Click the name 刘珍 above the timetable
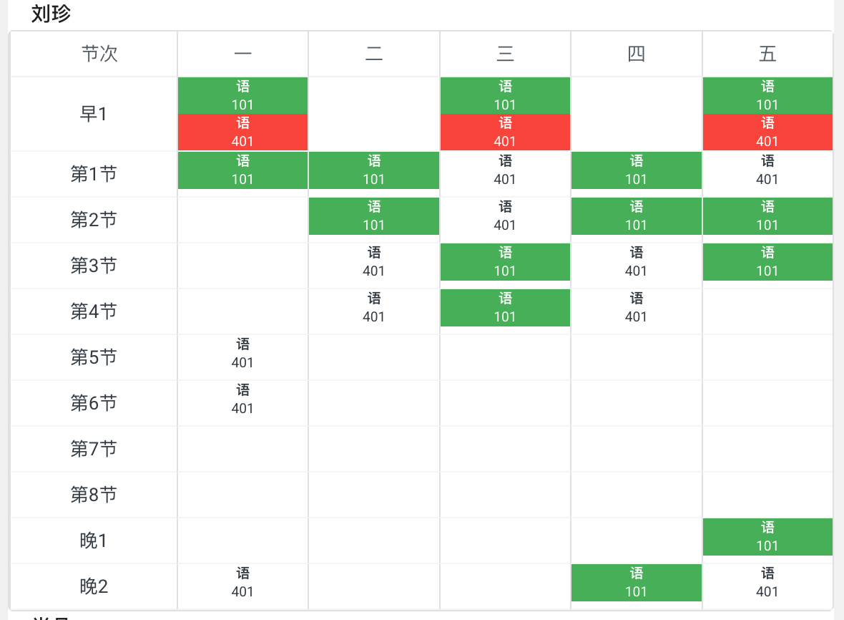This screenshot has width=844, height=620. point(51,14)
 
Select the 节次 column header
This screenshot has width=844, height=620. point(99,54)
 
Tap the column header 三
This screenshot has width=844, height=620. point(505,54)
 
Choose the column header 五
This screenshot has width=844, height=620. point(767,54)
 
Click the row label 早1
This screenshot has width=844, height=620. point(94,114)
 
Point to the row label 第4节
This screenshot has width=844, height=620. point(94,311)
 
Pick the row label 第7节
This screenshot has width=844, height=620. point(94,449)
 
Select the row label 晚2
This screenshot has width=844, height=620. point(94,586)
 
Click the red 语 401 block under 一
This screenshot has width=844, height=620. point(242,132)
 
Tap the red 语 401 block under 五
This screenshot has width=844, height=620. point(767,132)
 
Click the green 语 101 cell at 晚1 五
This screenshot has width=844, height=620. point(767,537)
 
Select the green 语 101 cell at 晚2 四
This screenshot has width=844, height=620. point(636,583)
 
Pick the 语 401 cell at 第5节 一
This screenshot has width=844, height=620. point(242,354)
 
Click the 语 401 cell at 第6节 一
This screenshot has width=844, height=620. point(242,399)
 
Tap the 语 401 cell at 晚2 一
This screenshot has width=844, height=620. point(242,583)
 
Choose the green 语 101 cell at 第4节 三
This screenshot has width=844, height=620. point(505,308)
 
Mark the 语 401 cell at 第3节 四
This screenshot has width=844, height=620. point(636,262)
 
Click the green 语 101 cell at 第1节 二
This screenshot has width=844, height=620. point(374,170)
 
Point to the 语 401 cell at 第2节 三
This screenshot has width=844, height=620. point(505,216)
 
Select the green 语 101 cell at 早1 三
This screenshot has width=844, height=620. point(505,95)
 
